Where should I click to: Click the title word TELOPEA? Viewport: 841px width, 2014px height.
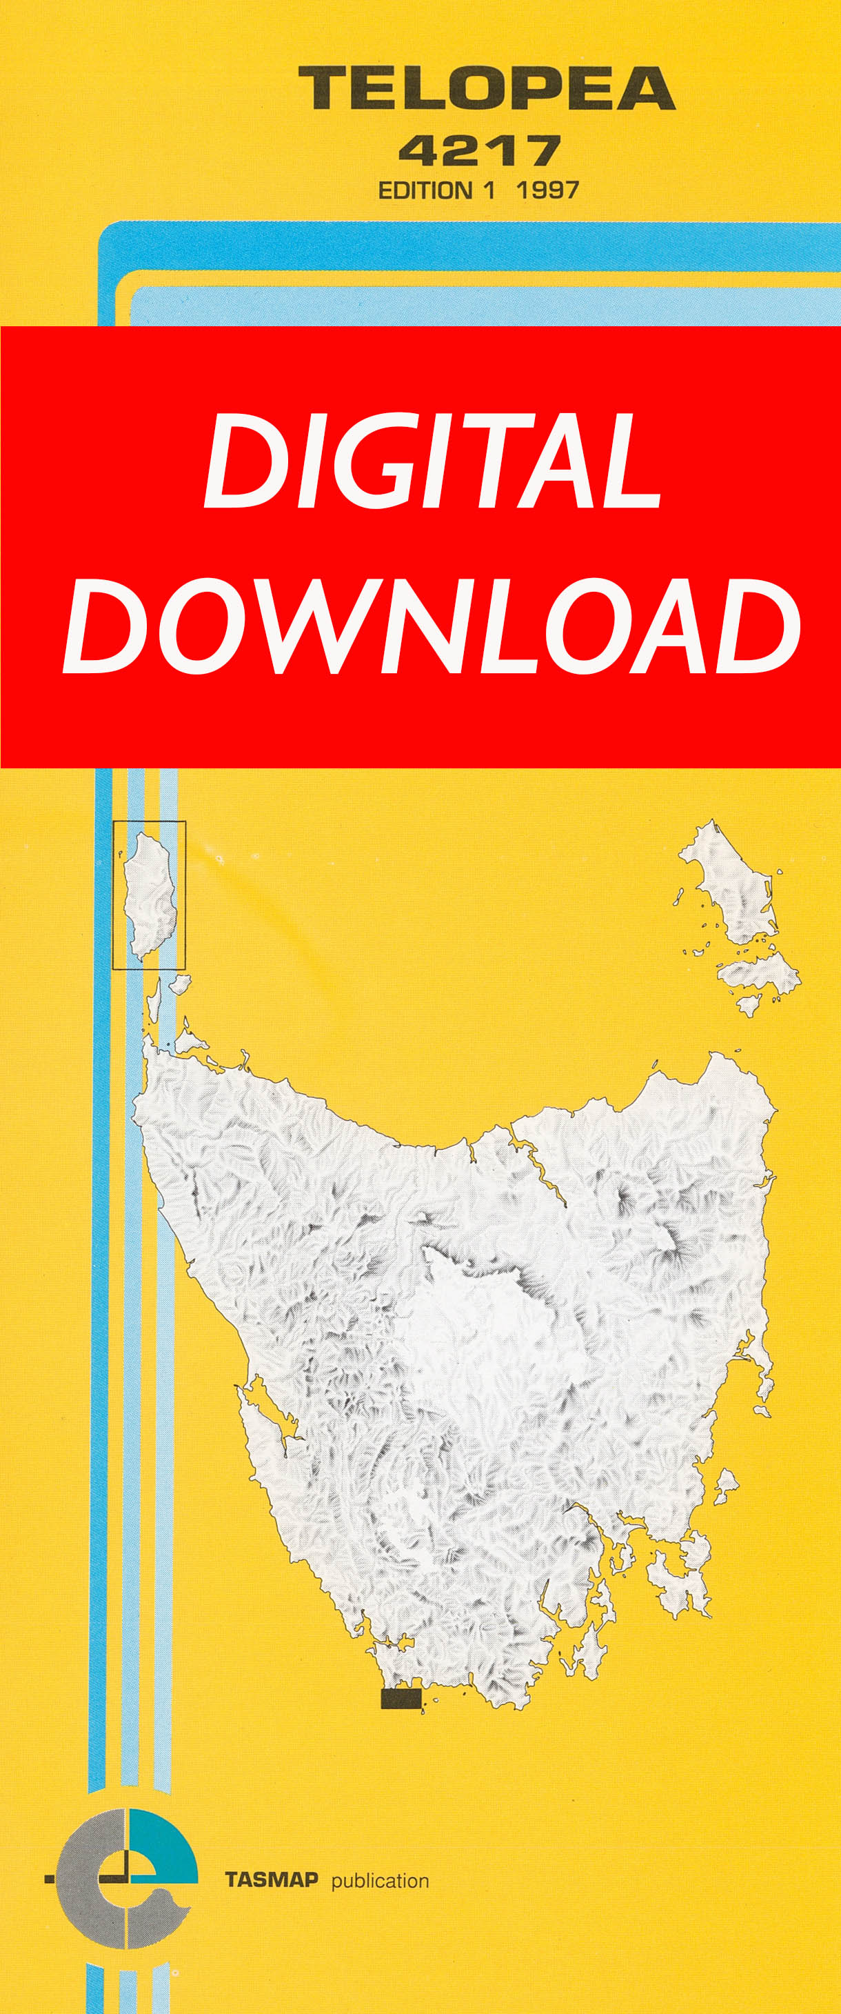click(x=486, y=88)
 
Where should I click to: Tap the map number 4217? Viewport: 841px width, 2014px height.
click(x=479, y=150)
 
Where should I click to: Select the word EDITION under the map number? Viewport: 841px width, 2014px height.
click(x=425, y=191)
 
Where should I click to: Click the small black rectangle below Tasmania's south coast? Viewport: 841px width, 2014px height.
click(x=401, y=1699)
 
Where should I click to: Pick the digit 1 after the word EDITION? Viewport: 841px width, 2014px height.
click(x=489, y=191)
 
